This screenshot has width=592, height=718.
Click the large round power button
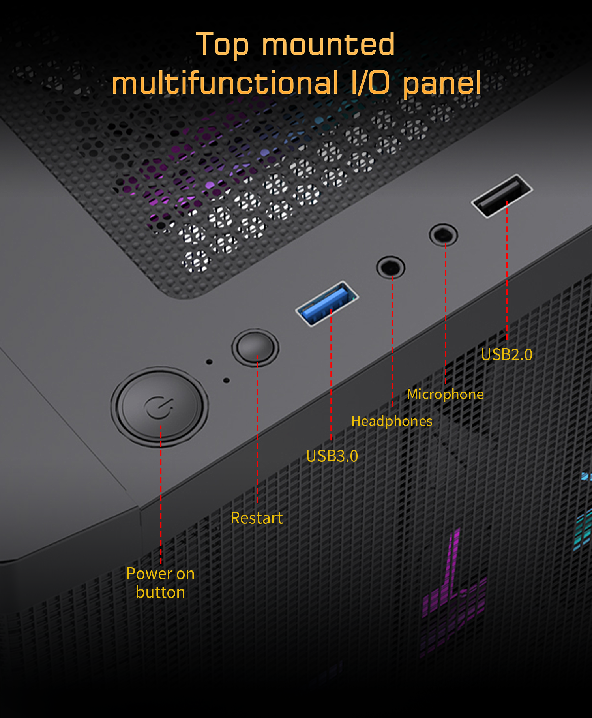pos(159,407)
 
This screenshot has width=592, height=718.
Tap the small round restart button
pos(255,348)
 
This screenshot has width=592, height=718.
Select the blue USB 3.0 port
pos(327,304)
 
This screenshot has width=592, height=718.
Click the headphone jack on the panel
pos(391,267)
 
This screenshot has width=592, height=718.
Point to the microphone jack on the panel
pos(444,235)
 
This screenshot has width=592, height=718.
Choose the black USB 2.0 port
pos(502,196)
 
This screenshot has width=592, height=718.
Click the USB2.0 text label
pos(507,354)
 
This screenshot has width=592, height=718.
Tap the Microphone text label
pos(445,394)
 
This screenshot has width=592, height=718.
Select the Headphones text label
pos(392,421)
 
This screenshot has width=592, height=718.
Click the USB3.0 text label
pos(332,456)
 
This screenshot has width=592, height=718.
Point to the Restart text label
pos(257,518)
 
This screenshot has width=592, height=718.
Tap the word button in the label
pos(160,592)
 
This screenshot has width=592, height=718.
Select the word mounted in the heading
pos(328,44)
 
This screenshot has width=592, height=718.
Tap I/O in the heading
pos(371,82)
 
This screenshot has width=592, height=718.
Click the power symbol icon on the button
pos(159,407)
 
